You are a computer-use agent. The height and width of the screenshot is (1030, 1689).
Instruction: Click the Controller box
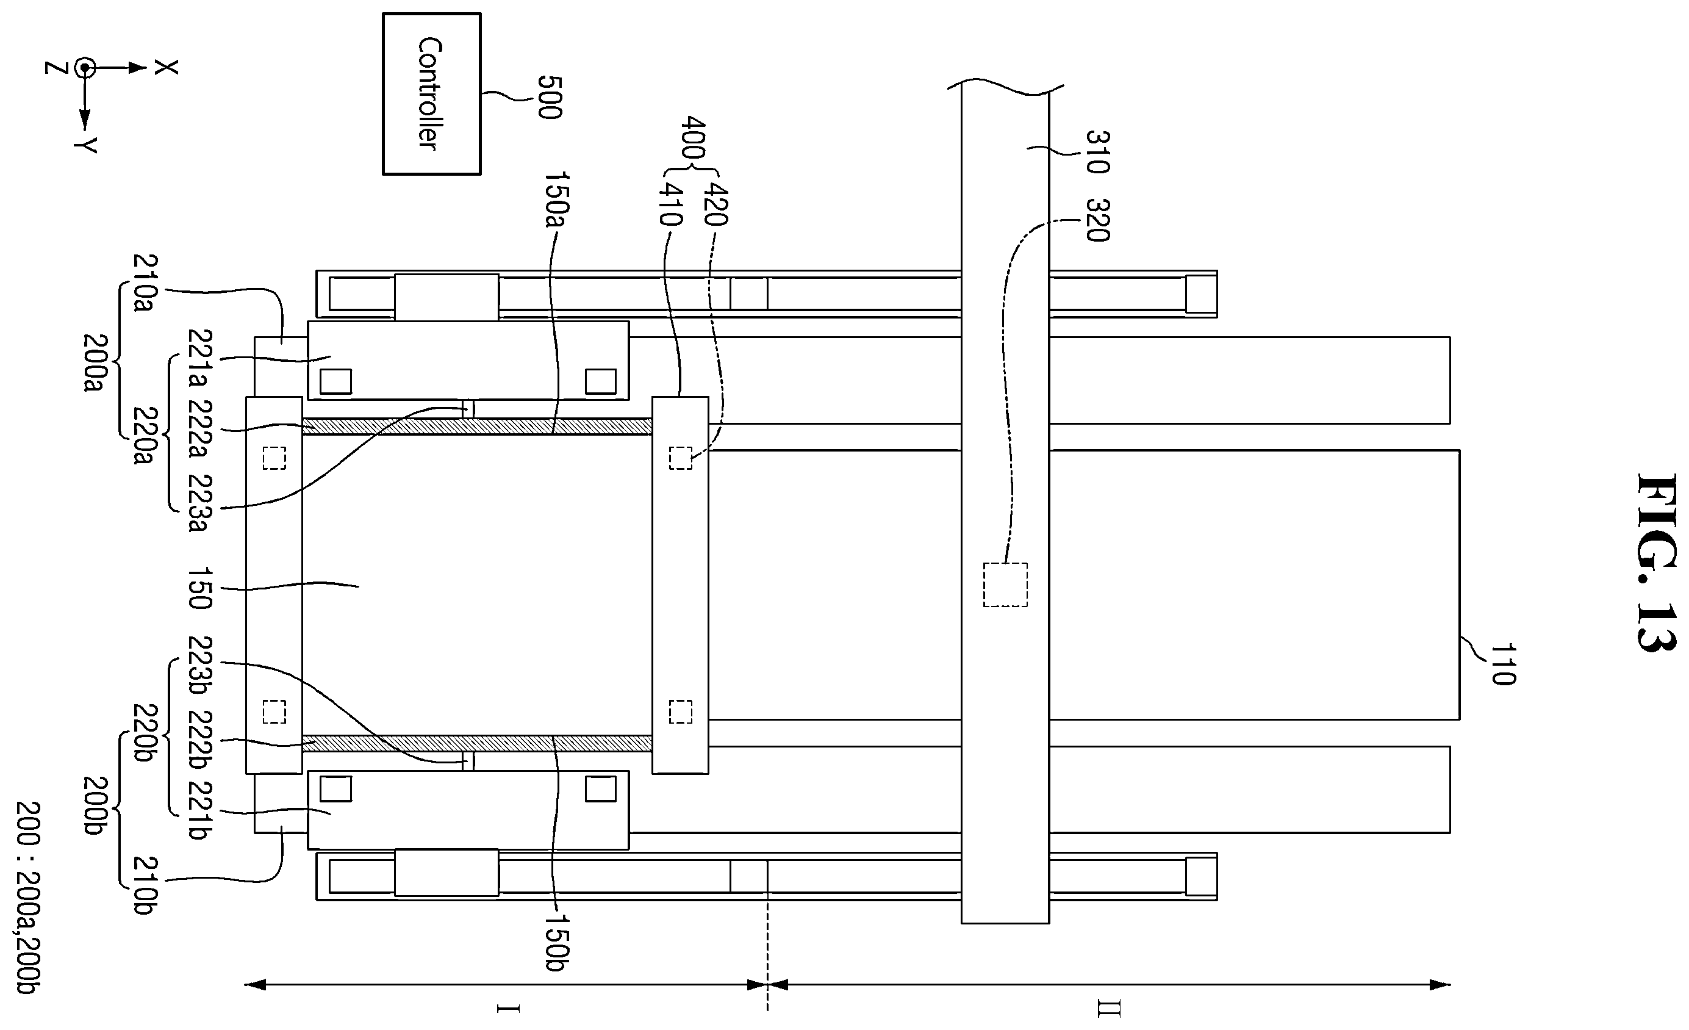point(431,94)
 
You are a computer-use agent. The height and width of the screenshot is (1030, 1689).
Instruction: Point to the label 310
point(1097,151)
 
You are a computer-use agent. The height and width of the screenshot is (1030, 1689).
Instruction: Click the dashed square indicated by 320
point(1005,585)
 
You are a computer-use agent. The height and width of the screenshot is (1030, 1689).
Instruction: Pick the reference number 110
point(1502,664)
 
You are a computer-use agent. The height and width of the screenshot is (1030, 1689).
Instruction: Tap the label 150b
point(557,942)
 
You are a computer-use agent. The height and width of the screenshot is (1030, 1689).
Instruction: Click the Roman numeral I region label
point(508,1008)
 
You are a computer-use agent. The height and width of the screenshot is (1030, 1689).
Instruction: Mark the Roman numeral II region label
point(1109,1009)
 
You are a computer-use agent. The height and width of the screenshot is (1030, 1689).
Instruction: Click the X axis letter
point(166,67)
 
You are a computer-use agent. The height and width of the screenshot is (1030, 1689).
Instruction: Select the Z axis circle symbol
point(85,68)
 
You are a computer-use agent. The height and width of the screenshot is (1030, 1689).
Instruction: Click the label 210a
point(145,283)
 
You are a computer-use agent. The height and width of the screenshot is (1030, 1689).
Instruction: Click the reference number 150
point(199,588)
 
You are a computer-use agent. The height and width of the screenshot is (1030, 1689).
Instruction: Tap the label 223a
point(199,502)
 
